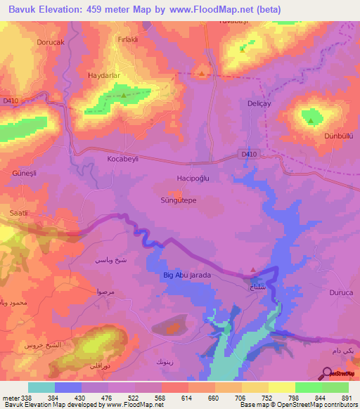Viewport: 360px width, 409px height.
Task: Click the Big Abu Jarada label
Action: (186, 275)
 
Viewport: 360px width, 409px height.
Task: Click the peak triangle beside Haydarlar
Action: (124, 94)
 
